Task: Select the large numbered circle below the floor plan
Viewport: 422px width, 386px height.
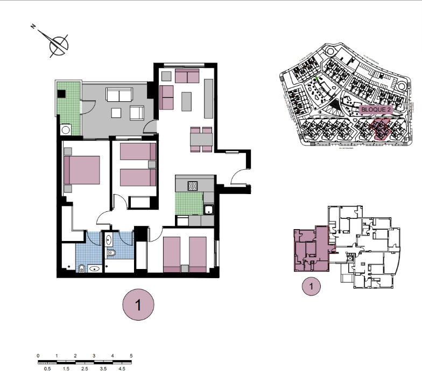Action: point(138,305)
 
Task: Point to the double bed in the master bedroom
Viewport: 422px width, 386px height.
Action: point(82,170)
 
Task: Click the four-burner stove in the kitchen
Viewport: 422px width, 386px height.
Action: point(193,185)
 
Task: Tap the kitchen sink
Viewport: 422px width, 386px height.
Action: point(209,209)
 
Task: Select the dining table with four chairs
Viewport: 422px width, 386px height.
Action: point(201,139)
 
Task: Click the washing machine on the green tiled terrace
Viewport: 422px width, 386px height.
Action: point(66,130)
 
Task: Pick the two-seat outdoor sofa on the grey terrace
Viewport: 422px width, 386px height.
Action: point(119,95)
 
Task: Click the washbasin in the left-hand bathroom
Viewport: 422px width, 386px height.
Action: point(95,268)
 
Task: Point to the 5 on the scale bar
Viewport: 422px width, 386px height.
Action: point(131,356)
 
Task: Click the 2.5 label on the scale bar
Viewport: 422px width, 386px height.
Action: point(85,369)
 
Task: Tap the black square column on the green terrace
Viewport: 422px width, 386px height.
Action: point(62,93)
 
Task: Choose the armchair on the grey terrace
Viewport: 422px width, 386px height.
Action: point(137,113)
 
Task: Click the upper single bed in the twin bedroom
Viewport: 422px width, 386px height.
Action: point(137,152)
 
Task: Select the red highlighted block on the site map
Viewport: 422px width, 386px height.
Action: point(381,130)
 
